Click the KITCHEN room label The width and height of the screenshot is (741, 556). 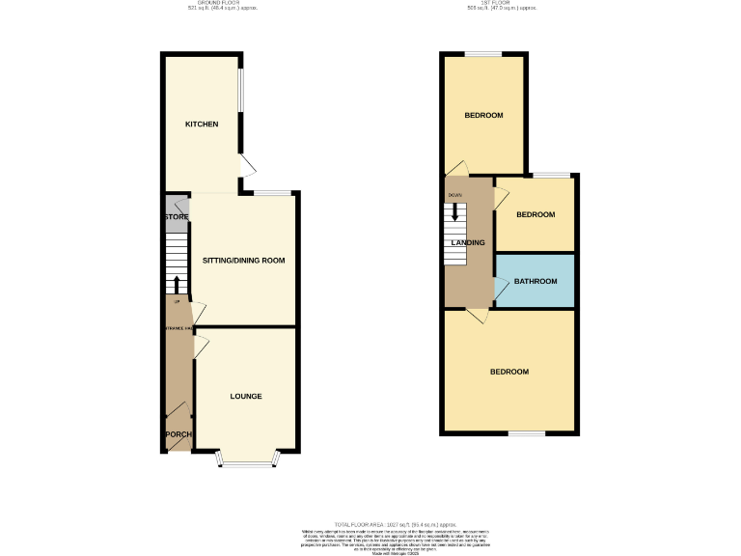click(x=202, y=125)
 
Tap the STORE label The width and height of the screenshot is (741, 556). click(x=176, y=217)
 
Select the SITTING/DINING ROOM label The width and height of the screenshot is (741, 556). click(x=243, y=261)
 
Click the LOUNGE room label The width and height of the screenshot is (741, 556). click(x=245, y=397)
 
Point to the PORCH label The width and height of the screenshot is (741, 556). click(x=178, y=435)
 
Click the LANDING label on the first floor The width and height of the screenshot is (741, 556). click(x=468, y=242)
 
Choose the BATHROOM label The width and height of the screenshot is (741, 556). click(x=535, y=281)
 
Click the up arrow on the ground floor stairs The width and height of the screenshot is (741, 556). click(x=177, y=284)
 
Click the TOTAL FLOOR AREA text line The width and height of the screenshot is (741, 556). click(x=370, y=522)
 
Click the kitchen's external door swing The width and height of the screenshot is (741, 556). click(x=247, y=168)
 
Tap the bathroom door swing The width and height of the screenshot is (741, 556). click(x=502, y=287)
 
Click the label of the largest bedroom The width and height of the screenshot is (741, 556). click(x=509, y=373)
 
